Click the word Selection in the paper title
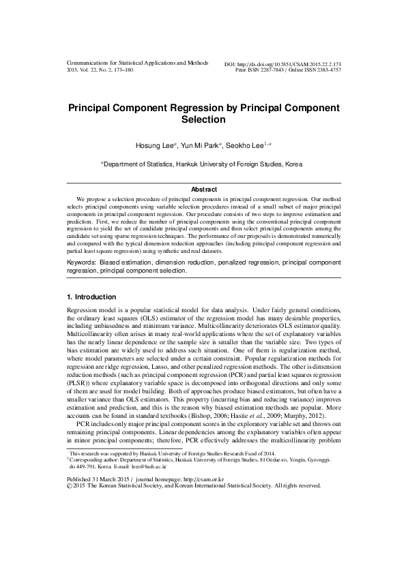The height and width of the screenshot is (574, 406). point(203,120)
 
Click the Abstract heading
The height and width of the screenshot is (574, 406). point(203,190)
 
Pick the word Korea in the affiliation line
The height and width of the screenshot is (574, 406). point(293,164)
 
